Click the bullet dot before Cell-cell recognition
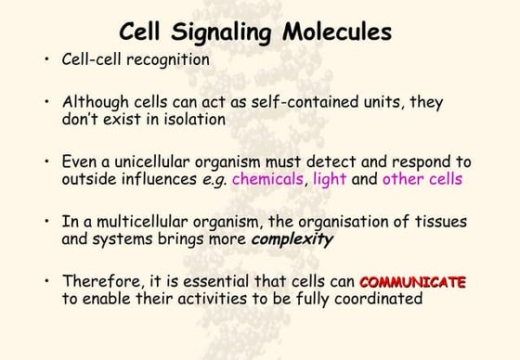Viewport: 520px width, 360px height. click(45, 60)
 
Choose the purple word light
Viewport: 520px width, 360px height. click(331, 179)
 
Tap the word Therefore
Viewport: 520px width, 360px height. click(97, 280)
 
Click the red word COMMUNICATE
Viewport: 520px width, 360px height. click(412, 280)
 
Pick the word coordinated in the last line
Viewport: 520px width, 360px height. click(381, 298)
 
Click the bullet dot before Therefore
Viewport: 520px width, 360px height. click(45, 281)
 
